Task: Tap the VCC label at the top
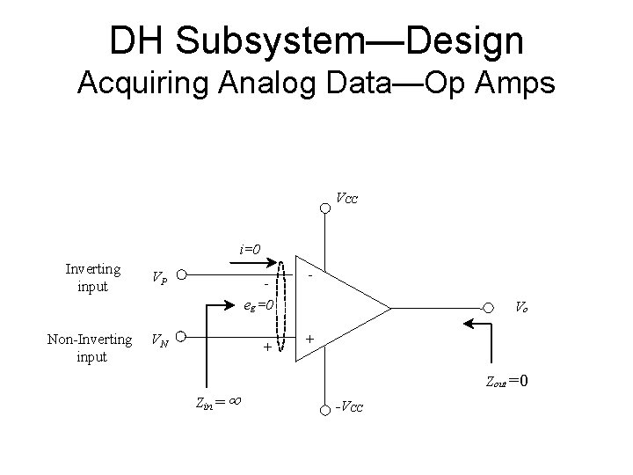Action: [346, 198]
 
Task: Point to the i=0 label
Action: [251, 249]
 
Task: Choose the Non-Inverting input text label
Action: [90, 347]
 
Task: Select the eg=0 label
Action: [259, 306]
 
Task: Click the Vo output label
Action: [521, 307]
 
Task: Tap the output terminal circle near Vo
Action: [488, 308]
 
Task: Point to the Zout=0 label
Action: [506, 381]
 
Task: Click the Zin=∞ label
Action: [218, 403]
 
